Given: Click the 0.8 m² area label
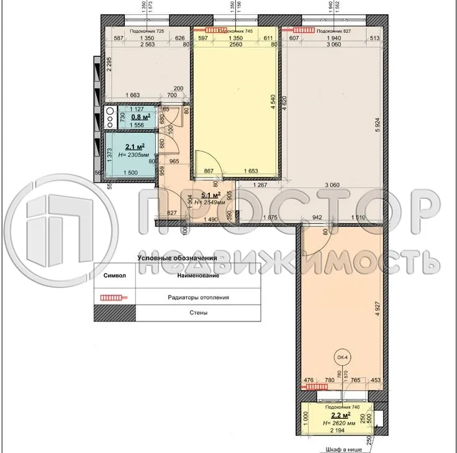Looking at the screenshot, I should [x=140, y=116].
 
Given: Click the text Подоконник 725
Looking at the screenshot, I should [x=147, y=31].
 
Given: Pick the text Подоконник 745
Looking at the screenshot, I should [x=237, y=30].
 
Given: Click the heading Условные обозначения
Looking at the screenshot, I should [x=176, y=258].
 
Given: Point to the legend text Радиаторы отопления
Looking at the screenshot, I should [x=198, y=297].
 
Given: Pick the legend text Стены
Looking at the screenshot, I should [x=199, y=313].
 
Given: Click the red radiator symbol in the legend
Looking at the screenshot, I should [x=114, y=297].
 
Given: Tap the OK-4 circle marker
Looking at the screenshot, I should [x=342, y=357].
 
